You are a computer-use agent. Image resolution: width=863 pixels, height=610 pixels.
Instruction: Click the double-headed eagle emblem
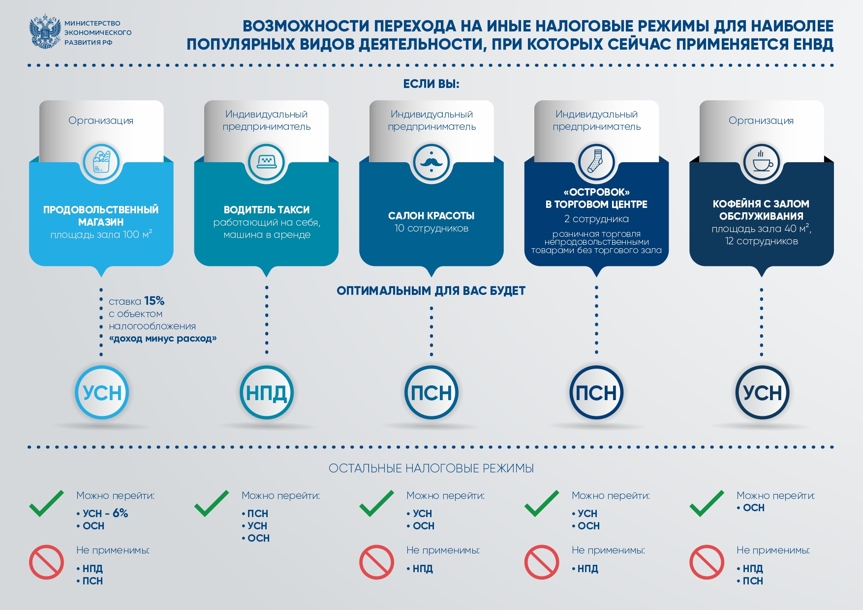45,31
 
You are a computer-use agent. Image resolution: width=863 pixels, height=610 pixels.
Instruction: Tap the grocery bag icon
101,162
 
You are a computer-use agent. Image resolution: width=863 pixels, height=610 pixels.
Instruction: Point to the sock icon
596,161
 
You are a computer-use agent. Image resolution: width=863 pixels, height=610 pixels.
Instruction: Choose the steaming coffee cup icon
761,160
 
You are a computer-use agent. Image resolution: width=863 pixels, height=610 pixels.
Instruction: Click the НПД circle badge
267,392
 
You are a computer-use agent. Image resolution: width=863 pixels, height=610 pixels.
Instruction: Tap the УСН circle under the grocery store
102,392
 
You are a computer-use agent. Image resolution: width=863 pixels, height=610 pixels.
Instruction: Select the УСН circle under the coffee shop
762,392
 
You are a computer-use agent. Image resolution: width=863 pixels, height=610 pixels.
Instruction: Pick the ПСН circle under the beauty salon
431,392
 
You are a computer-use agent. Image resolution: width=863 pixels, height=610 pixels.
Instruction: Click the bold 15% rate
154,301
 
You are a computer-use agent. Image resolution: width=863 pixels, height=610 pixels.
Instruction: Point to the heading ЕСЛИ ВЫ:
431,84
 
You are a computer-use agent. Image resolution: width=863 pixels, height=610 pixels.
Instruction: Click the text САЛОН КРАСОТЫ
431,216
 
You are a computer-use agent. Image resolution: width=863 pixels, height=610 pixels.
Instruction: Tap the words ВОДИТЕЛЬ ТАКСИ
267,210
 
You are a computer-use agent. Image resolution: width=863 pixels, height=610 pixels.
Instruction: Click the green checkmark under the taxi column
212,503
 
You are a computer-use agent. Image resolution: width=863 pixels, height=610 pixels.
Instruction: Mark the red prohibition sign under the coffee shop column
707,562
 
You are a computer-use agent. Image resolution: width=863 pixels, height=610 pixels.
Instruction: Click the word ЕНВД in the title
813,44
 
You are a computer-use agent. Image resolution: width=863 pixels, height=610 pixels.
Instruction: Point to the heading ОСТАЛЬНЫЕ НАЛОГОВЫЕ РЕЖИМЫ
431,468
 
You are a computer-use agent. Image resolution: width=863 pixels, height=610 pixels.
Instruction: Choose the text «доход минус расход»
163,339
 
